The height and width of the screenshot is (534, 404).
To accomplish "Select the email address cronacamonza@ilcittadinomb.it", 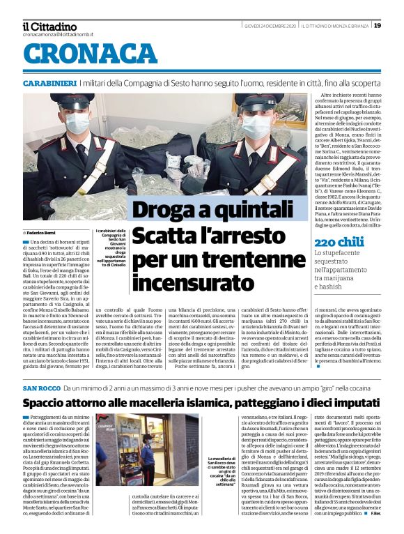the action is pos(58,34).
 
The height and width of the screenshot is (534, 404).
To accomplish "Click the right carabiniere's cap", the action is pos(259,102).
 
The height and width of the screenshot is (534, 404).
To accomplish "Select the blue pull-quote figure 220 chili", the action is pos(339,242).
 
